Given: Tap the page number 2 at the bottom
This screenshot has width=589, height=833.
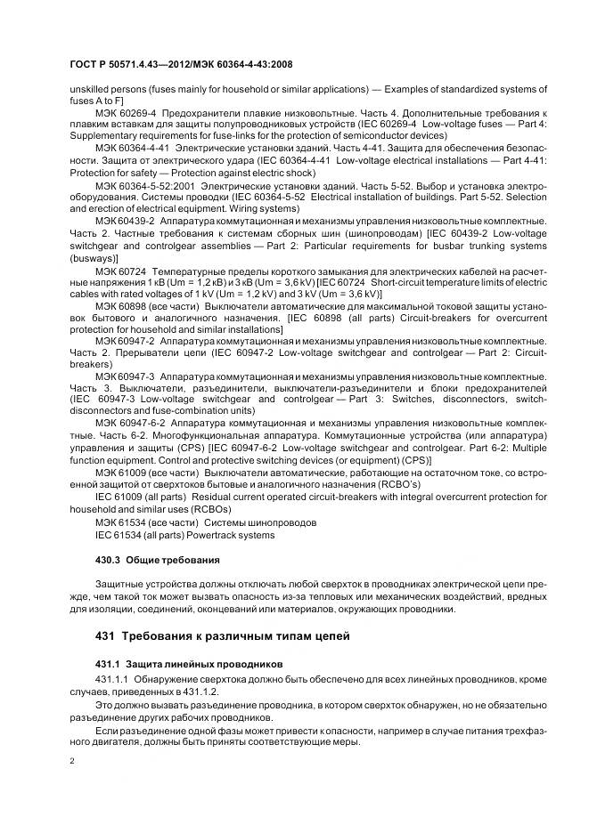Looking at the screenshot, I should [x=72, y=762].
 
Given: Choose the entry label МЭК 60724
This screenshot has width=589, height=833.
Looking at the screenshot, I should [x=119, y=270].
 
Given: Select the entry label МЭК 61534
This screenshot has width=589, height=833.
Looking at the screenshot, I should [x=119, y=520].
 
